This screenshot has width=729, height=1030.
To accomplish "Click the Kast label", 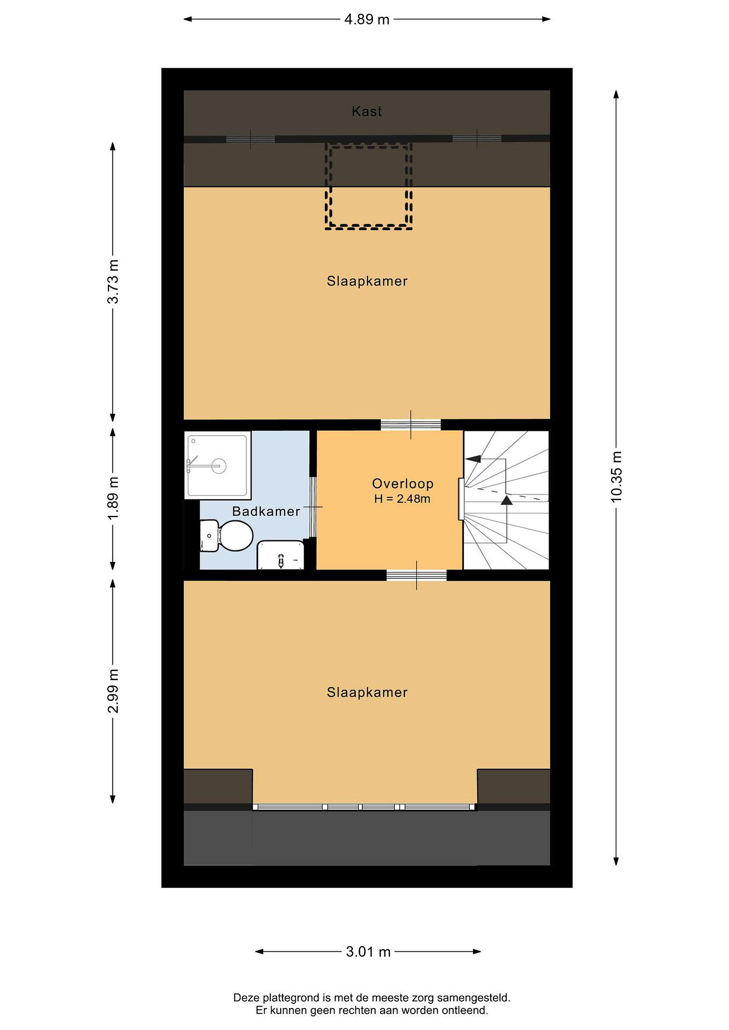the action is [367, 111].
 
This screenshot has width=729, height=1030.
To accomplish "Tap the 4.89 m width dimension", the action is [367, 19].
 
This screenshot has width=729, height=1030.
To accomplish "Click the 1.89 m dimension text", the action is [113, 498].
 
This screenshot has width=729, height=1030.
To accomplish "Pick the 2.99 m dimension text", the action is [113, 691].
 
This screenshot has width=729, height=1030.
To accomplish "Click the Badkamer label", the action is [266, 511].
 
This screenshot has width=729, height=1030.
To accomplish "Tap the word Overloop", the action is [403, 484].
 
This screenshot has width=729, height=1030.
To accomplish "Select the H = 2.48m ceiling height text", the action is [402, 499].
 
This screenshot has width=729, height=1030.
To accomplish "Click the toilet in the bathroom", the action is [226, 535].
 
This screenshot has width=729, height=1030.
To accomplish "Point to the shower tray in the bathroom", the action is [218, 465].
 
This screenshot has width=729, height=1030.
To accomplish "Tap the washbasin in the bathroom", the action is [281, 555].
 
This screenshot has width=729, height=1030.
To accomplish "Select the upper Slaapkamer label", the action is [367, 281].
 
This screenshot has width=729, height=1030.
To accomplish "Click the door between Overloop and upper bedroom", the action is [411, 425].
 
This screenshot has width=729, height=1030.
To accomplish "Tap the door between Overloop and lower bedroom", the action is [417, 575].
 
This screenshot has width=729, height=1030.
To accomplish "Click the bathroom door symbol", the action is [314, 507].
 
